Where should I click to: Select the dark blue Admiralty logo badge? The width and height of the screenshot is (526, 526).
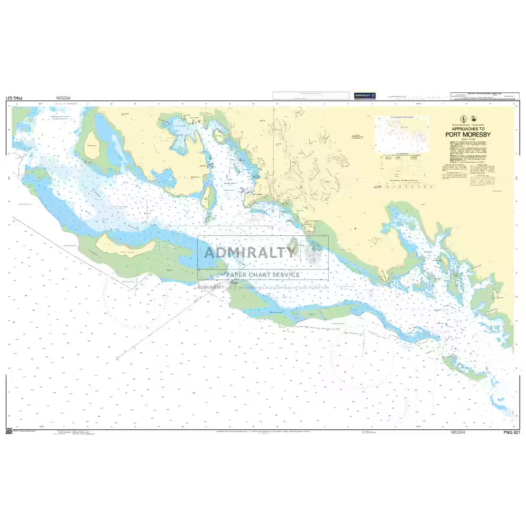point(365,95)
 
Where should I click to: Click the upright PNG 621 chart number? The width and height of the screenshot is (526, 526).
point(510,432)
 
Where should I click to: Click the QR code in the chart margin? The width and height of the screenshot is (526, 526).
point(8,431)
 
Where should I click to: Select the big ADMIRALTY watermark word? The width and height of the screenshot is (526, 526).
point(249,252)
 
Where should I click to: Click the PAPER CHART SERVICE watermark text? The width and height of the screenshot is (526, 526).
point(263,275)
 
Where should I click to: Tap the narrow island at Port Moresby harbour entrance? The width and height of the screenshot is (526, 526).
point(207,195)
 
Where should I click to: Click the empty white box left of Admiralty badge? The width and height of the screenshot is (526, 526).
point(311,95)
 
